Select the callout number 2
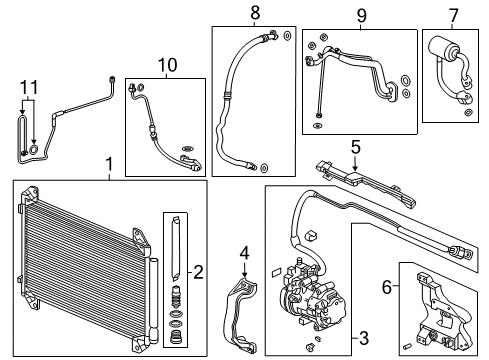tap(197, 272)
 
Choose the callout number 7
tap(455, 15)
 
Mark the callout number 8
tap(255, 13)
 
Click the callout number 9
tap(348, 15)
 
